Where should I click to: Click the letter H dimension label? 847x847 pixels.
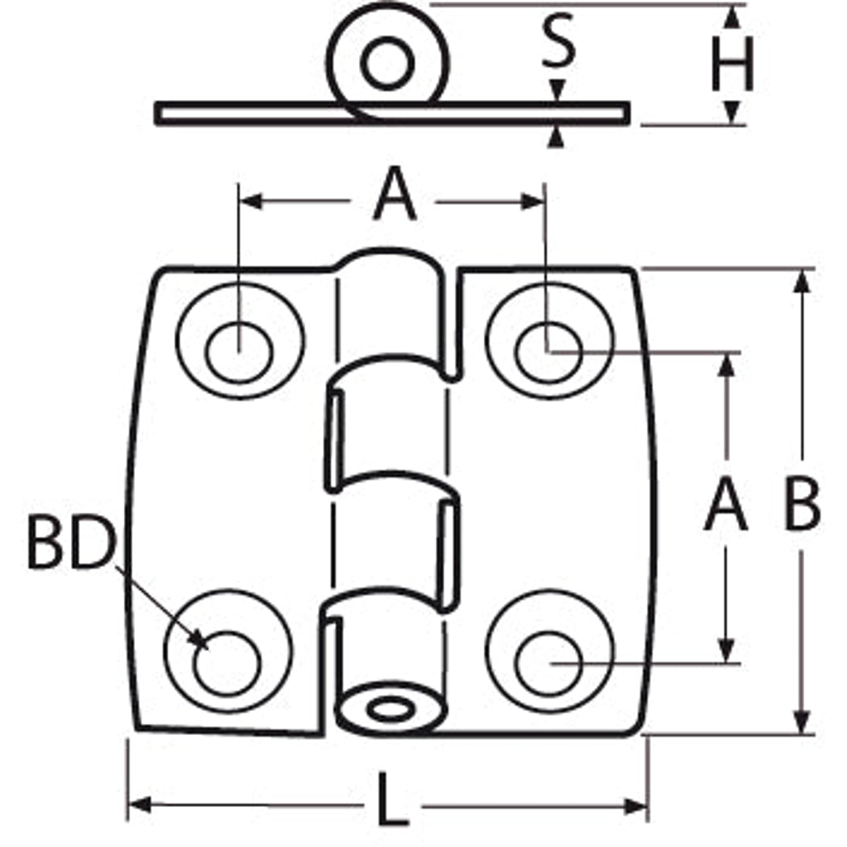[732, 63]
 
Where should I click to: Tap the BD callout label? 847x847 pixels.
[72, 543]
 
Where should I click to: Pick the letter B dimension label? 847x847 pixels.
[803, 506]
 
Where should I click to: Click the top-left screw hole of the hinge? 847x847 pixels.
[239, 352]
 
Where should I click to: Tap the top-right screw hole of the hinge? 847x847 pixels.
[549, 352]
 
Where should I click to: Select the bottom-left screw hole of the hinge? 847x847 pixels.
[227, 662]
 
